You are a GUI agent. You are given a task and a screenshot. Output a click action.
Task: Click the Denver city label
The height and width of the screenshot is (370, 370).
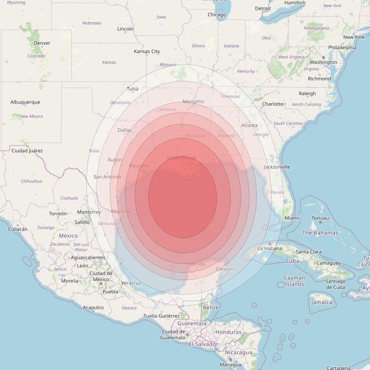[42, 43]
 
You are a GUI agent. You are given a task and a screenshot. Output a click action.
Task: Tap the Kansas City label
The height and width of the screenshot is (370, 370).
[147, 51]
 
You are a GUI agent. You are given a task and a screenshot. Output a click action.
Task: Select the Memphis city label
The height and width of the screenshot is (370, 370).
[193, 101]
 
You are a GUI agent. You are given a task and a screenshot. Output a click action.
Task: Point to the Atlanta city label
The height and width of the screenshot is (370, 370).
[249, 125]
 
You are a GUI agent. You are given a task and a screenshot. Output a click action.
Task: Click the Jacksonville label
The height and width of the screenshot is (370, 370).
[277, 167]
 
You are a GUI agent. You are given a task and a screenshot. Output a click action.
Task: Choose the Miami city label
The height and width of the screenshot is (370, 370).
[292, 218]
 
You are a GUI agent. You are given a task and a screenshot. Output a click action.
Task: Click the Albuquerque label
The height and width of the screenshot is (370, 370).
[25, 102]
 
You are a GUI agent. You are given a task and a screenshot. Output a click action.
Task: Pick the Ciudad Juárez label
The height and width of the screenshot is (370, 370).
[27, 150]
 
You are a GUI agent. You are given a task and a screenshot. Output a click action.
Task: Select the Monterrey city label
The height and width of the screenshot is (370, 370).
[89, 212]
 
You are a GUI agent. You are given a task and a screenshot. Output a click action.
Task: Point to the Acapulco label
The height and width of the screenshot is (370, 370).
[93, 307]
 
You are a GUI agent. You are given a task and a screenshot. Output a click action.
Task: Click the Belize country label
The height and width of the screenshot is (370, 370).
[210, 307]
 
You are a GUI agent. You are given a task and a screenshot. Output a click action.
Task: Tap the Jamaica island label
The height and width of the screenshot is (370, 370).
[322, 302]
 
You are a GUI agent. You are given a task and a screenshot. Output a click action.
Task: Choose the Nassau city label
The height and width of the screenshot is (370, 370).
[320, 218]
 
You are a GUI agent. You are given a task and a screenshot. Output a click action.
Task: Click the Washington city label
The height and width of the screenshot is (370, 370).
[323, 62]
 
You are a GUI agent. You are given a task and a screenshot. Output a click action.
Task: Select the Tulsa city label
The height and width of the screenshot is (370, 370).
[133, 89]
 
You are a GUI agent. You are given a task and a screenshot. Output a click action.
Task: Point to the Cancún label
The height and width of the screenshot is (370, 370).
[224, 269]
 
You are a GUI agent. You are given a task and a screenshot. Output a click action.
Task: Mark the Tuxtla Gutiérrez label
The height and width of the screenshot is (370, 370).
[162, 316]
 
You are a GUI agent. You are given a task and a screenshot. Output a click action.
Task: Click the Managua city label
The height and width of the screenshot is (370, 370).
[231, 365]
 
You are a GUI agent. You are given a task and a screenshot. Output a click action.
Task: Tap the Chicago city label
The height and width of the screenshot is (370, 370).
[217, 15]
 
